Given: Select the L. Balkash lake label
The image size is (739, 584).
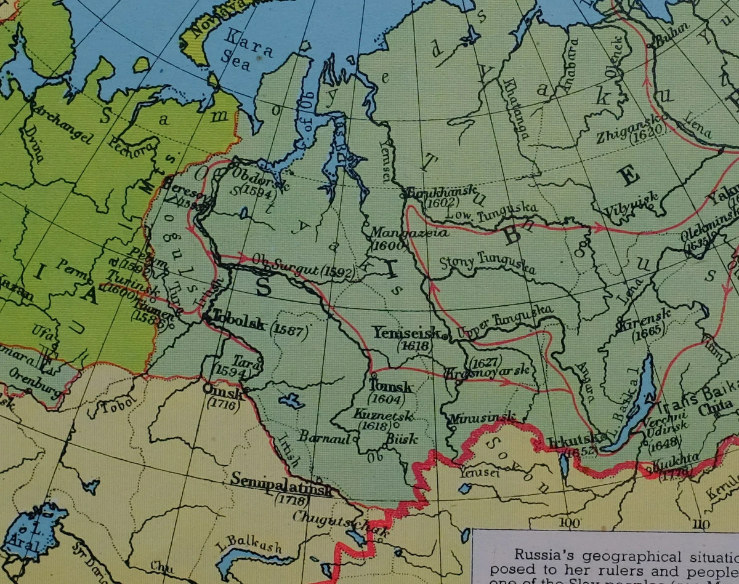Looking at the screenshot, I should (x=249, y=545).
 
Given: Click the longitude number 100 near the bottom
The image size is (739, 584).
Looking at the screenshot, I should (x=570, y=523).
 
